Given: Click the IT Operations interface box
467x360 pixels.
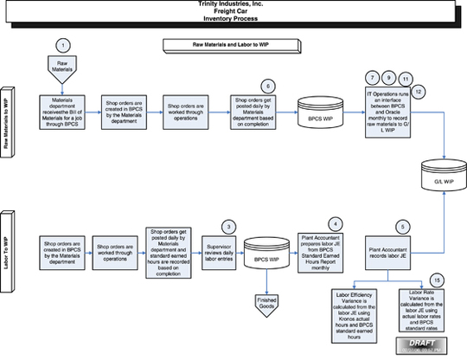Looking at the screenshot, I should click(x=388, y=112).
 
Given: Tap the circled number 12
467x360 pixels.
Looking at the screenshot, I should click(x=419, y=90).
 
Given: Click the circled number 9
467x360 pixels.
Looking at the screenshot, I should click(x=388, y=77).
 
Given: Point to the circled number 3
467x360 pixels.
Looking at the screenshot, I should click(x=227, y=226).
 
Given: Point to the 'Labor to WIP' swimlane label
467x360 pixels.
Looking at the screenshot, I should click(x=7, y=249).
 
